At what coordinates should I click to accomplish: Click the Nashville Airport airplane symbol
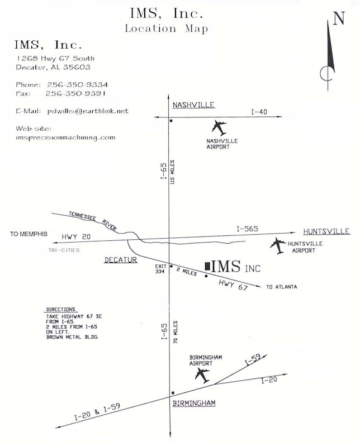pos(219,128)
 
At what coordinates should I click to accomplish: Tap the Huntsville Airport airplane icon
pos(278,245)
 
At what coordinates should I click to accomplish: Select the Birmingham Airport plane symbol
pos(202,376)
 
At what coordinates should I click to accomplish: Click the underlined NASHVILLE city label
pos(193,105)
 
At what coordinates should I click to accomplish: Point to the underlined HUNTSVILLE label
pos(326,231)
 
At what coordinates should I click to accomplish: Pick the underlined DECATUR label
pos(121,260)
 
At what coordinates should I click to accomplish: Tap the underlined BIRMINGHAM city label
pos(194,403)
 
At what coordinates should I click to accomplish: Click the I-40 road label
pos(259,112)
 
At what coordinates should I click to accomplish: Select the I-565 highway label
pos(247,229)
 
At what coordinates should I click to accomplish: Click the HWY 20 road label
pos(76,236)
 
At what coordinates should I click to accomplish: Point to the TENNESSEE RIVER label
pos(93,221)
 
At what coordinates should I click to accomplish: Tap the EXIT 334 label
pos(160,269)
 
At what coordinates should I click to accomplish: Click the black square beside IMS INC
pos(208,266)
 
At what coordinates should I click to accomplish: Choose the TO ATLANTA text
pos(281,287)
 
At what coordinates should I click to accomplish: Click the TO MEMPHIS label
pos(29,234)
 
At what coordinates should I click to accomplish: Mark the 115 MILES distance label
pos(173,172)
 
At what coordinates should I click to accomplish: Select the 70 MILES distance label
pos(176,332)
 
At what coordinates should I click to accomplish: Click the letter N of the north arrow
pos(339,18)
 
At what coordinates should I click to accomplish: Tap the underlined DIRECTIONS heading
pos(60,310)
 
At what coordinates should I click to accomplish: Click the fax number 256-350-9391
pos(75,93)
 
